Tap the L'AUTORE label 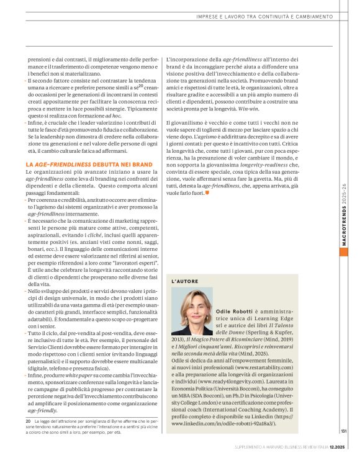point(184,281)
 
